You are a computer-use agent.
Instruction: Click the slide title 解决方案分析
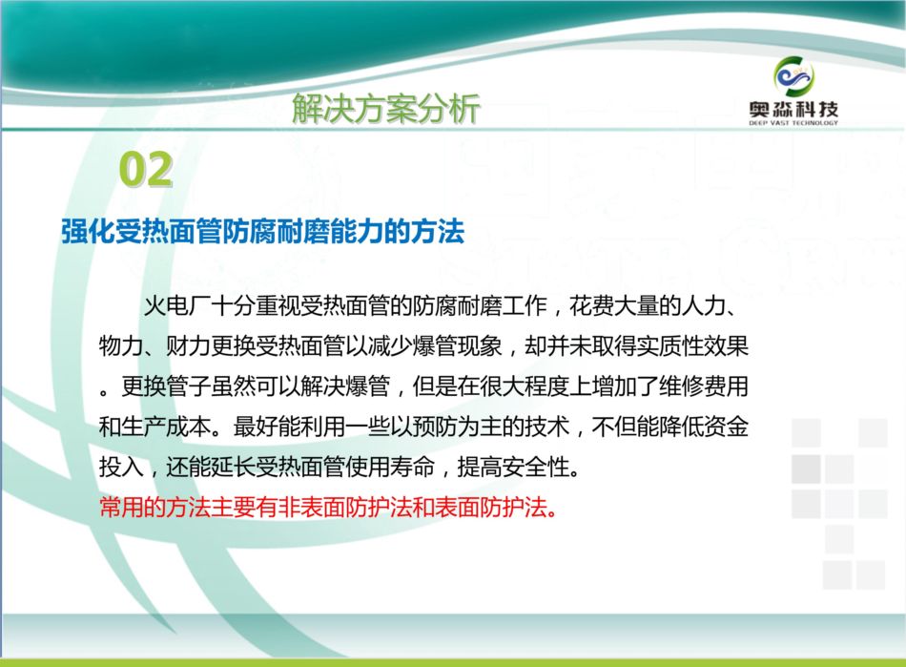[386, 108]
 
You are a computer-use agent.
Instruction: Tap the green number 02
[146, 169]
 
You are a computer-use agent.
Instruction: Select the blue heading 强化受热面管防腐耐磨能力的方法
[263, 232]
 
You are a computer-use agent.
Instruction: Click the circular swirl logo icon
[793, 76]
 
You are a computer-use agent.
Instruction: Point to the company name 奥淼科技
[793, 109]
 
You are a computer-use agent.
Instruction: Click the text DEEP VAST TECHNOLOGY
[793, 122]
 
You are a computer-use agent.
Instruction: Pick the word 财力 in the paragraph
[188, 346]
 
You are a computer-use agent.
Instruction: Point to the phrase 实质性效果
[692, 346]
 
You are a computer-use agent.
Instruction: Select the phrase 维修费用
[703, 386]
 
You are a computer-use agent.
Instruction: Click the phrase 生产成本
[166, 427]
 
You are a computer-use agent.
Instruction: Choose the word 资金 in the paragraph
[726, 427]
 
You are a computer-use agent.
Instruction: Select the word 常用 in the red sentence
[121, 508]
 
